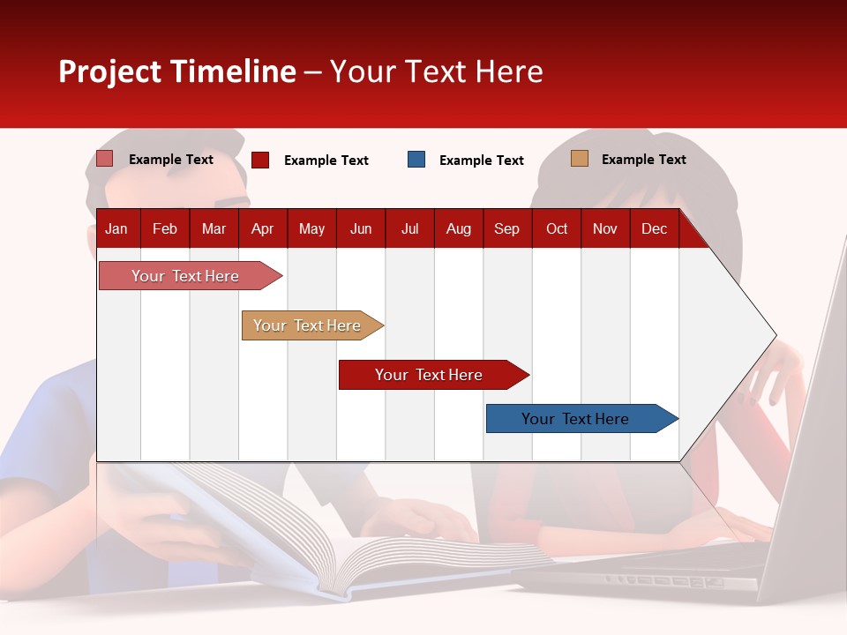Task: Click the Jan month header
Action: (x=116, y=229)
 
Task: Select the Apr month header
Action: (x=262, y=229)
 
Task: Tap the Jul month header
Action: (x=409, y=229)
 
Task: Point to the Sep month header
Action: (x=506, y=229)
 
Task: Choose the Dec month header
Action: (x=654, y=229)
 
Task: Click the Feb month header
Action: (x=165, y=229)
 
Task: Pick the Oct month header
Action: (x=557, y=229)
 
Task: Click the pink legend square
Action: (x=105, y=159)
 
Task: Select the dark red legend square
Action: (x=260, y=160)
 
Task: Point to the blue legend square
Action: (x=416, y=160)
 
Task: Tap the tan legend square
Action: (x=579, y=159)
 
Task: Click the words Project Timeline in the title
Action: (x=177, y=71)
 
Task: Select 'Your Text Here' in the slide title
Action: (x=436, y=71)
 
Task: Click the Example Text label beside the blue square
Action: (x=481, y=161)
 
